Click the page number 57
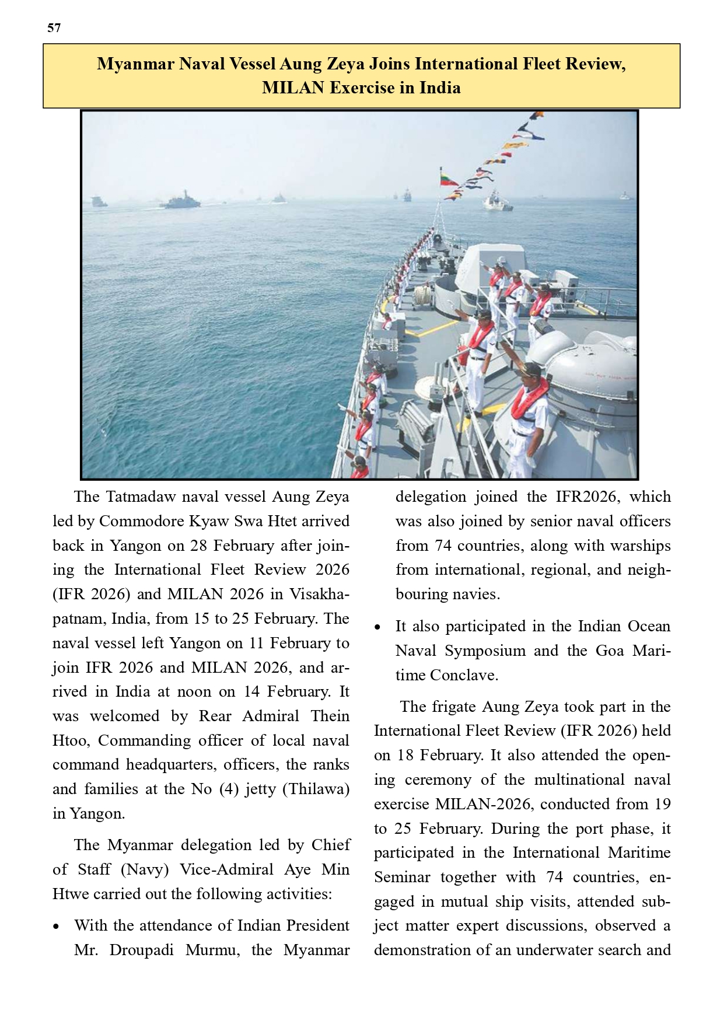(x=54, y=28)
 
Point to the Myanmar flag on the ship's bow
(x=449, y=177)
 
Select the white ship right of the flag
(x=497, y=202)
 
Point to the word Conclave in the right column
(x=464, y=675)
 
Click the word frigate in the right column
(x=453, y=707)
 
